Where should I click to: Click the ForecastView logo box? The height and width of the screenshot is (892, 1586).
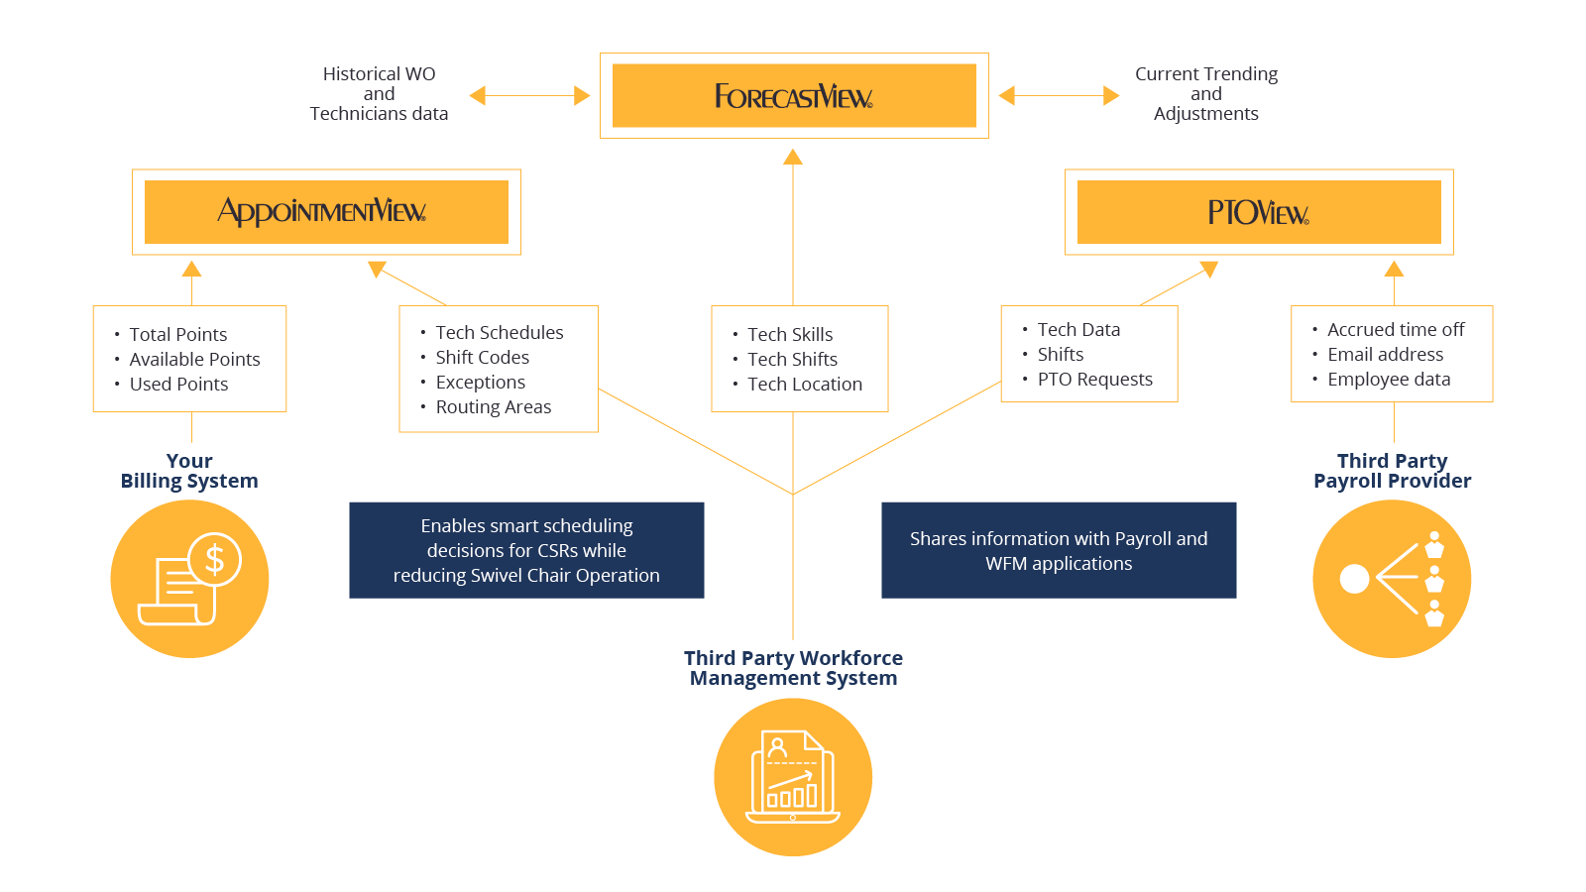794,95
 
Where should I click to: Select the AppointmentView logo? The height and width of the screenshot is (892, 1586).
321,212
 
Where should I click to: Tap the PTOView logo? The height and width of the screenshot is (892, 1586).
1258,212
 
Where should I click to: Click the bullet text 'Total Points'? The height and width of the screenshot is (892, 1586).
177,334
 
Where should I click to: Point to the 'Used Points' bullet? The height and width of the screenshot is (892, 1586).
178,384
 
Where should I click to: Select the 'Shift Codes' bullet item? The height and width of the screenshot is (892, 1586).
482,357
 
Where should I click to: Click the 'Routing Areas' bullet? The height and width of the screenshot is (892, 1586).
494,406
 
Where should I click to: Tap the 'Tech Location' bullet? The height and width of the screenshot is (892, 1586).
805,384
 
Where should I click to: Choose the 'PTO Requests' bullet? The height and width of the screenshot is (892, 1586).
1094,379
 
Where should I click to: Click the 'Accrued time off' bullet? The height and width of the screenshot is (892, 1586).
1396,329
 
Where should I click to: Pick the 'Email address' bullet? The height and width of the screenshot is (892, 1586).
1385,354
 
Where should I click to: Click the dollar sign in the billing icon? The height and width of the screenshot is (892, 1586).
214,560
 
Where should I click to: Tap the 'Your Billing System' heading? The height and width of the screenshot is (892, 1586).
189,471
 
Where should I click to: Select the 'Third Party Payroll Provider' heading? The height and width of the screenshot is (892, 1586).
1392,471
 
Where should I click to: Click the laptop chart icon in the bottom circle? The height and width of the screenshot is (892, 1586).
793,777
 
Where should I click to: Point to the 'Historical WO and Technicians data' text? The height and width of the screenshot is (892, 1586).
379,93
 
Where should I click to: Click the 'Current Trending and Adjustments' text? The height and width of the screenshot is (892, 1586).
1205,93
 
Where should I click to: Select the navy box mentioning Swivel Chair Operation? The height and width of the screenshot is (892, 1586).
526,550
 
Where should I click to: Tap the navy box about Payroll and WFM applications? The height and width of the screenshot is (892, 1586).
1059,550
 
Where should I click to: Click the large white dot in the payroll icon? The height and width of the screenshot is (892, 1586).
1354,579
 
